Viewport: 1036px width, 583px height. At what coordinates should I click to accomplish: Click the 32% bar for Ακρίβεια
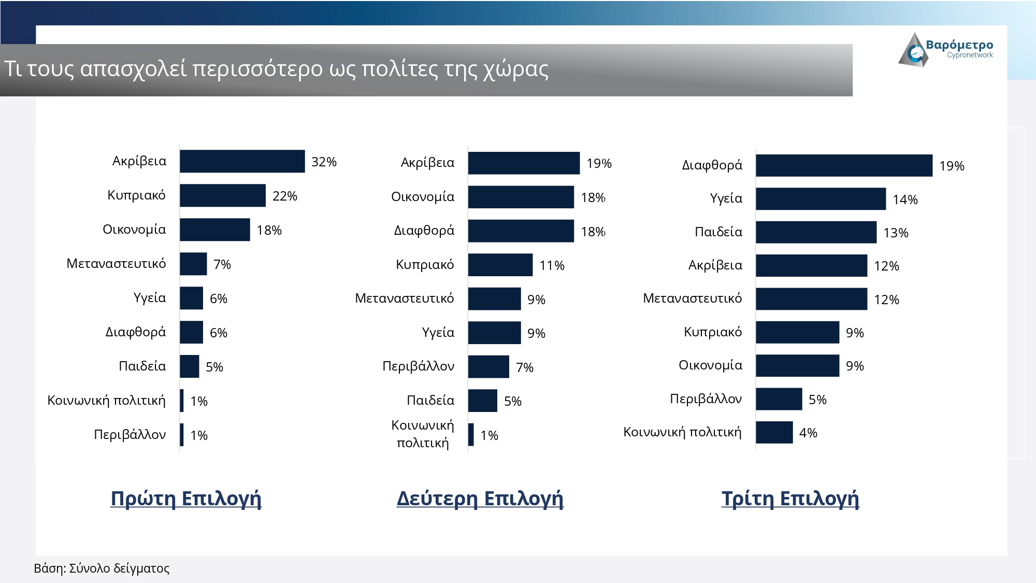242,161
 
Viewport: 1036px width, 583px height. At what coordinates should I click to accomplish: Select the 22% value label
284,196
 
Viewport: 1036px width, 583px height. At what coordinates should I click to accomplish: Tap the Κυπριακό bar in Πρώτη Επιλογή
223,195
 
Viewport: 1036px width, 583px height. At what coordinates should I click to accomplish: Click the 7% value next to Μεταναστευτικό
222,264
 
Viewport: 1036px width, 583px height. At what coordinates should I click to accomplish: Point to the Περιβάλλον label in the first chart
129,434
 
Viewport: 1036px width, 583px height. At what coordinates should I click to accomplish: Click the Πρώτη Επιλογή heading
186,498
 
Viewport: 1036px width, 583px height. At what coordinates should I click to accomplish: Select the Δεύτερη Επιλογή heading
480,498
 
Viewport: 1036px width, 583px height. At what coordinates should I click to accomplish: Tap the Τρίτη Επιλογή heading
790,498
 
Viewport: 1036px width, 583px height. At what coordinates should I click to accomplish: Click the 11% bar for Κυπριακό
500,265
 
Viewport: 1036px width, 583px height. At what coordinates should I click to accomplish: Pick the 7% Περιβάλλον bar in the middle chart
488,367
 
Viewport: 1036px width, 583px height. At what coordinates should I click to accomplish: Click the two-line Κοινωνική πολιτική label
423,434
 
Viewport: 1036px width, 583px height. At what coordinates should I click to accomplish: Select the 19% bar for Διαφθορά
844,165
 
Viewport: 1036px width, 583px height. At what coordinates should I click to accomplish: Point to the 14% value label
905,200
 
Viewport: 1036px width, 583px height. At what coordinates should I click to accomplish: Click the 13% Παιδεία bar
816,232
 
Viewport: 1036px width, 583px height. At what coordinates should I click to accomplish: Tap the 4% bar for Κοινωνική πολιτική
774,432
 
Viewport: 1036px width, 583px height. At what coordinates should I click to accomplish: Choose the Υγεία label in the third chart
726,198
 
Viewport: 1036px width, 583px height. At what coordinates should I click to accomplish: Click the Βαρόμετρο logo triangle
913,51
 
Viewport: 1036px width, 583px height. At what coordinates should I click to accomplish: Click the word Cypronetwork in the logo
970,55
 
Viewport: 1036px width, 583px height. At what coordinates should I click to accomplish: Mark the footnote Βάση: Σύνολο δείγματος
102,568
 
